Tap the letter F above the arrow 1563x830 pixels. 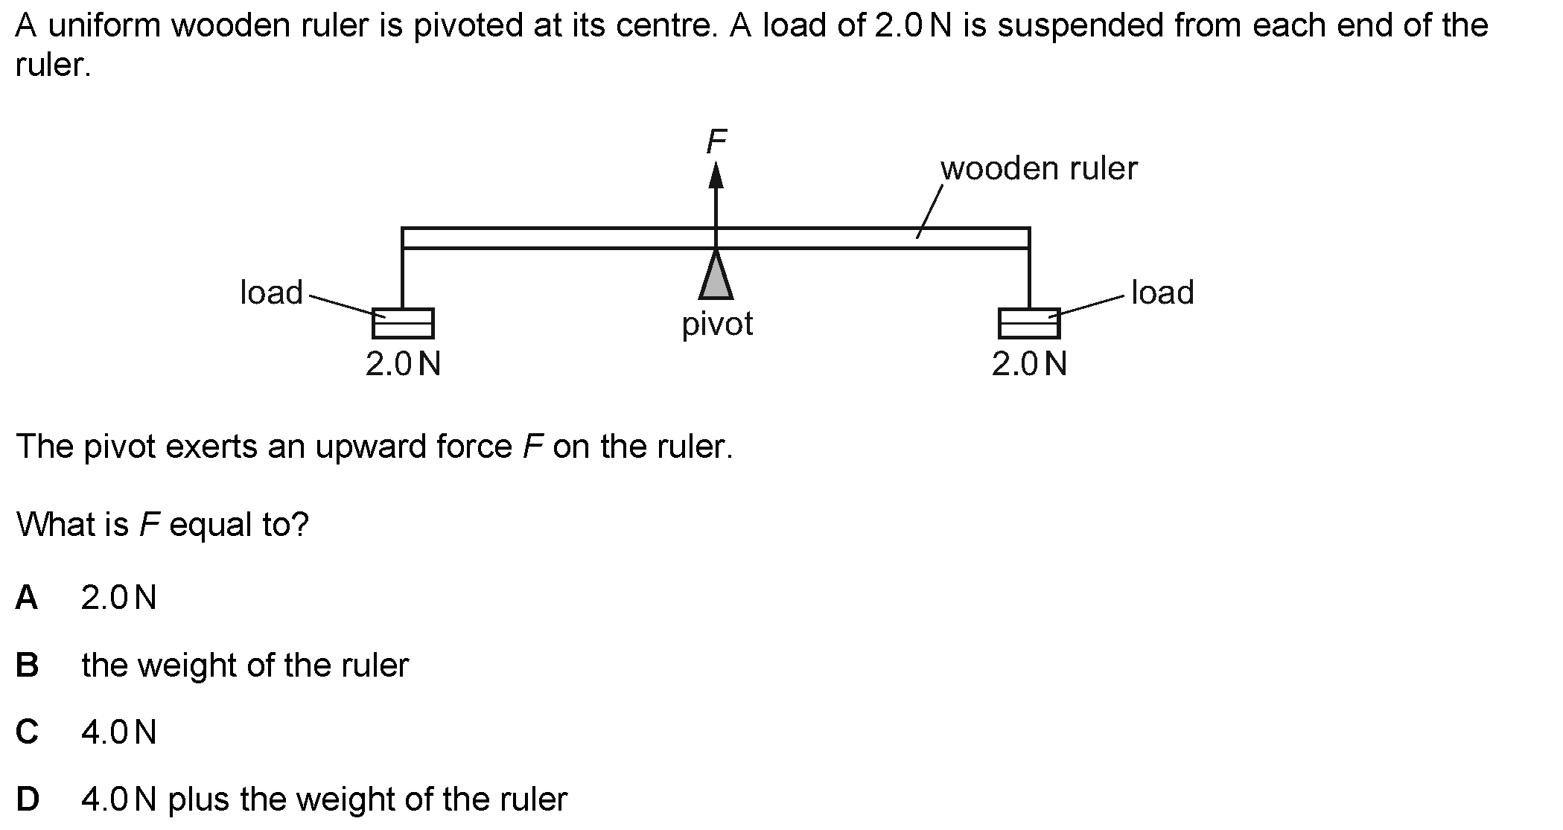(716, 141)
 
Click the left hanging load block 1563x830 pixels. (403, 323)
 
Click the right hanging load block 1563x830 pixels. (1029, 323)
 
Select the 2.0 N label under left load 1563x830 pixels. (403, 364)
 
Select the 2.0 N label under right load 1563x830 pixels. (1029, 364)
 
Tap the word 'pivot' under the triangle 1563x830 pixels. (717, 325)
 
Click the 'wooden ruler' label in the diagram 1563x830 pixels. (1039, 169)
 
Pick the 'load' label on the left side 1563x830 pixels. (271, 293)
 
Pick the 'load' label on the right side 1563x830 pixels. (1162, 293)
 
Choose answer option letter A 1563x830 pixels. (27, 597)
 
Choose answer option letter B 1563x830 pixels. (27, 665)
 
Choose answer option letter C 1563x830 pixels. (27, 732)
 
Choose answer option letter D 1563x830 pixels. (28, 799)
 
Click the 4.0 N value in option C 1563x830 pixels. (119, 732)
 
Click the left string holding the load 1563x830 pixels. (403, 278)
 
